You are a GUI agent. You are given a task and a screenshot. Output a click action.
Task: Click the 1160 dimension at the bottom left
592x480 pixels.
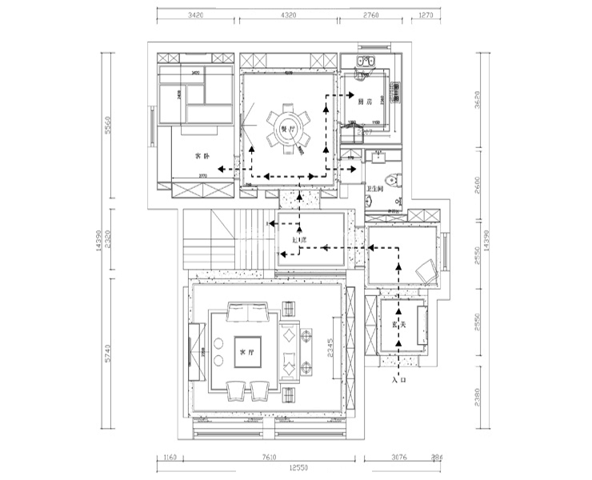point(168,458)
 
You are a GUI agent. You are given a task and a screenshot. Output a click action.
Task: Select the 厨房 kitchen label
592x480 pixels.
point(366,102)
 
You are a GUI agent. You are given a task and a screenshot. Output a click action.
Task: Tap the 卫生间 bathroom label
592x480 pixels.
point(376,189)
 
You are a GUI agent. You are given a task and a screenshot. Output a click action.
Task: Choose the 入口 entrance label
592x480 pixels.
point(400,382)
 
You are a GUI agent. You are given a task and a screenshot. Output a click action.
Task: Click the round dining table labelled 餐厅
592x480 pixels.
point(286,128)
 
